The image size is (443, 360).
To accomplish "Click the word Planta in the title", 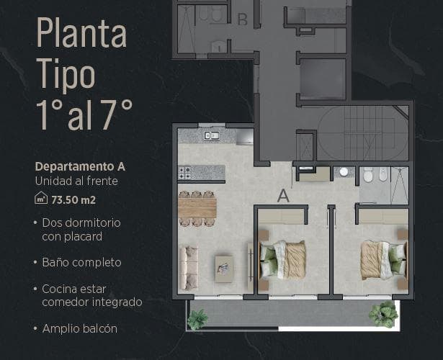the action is [81, 33].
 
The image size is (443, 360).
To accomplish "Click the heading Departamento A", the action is [80, 166].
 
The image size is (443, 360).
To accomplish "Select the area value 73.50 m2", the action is [73, 200].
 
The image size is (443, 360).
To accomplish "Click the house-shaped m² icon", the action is [41, 197].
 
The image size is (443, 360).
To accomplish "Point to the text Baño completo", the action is [81, 262].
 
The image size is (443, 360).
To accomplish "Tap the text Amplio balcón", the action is [80, 328].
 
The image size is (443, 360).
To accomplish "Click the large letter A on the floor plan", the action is [283, 196].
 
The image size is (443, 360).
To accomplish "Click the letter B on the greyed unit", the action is [243, 19].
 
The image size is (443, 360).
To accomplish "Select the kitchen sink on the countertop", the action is [212, 136].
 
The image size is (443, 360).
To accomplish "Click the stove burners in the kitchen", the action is [185, 173].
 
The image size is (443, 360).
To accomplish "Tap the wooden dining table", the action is [197, 208].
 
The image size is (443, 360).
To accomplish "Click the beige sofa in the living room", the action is [189, 269].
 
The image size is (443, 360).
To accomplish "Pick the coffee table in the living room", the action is [224, 269].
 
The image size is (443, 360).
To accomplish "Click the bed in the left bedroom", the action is [283, 260].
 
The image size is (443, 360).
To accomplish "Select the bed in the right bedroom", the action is [384, 260].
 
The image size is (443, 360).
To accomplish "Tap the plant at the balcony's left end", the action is [198, 320].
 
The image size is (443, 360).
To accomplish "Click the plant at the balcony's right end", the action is [384, 314].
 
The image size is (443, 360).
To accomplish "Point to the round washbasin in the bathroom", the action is [344, 171].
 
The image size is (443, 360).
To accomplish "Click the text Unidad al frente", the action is [76, 181].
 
